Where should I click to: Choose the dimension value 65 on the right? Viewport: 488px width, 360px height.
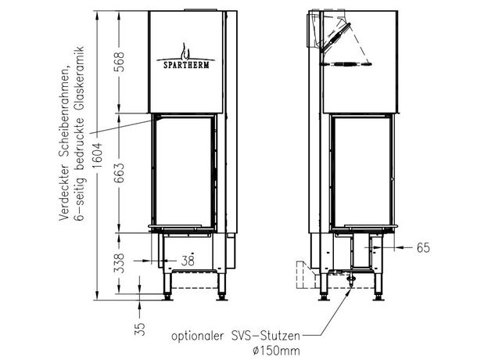point(422,248)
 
